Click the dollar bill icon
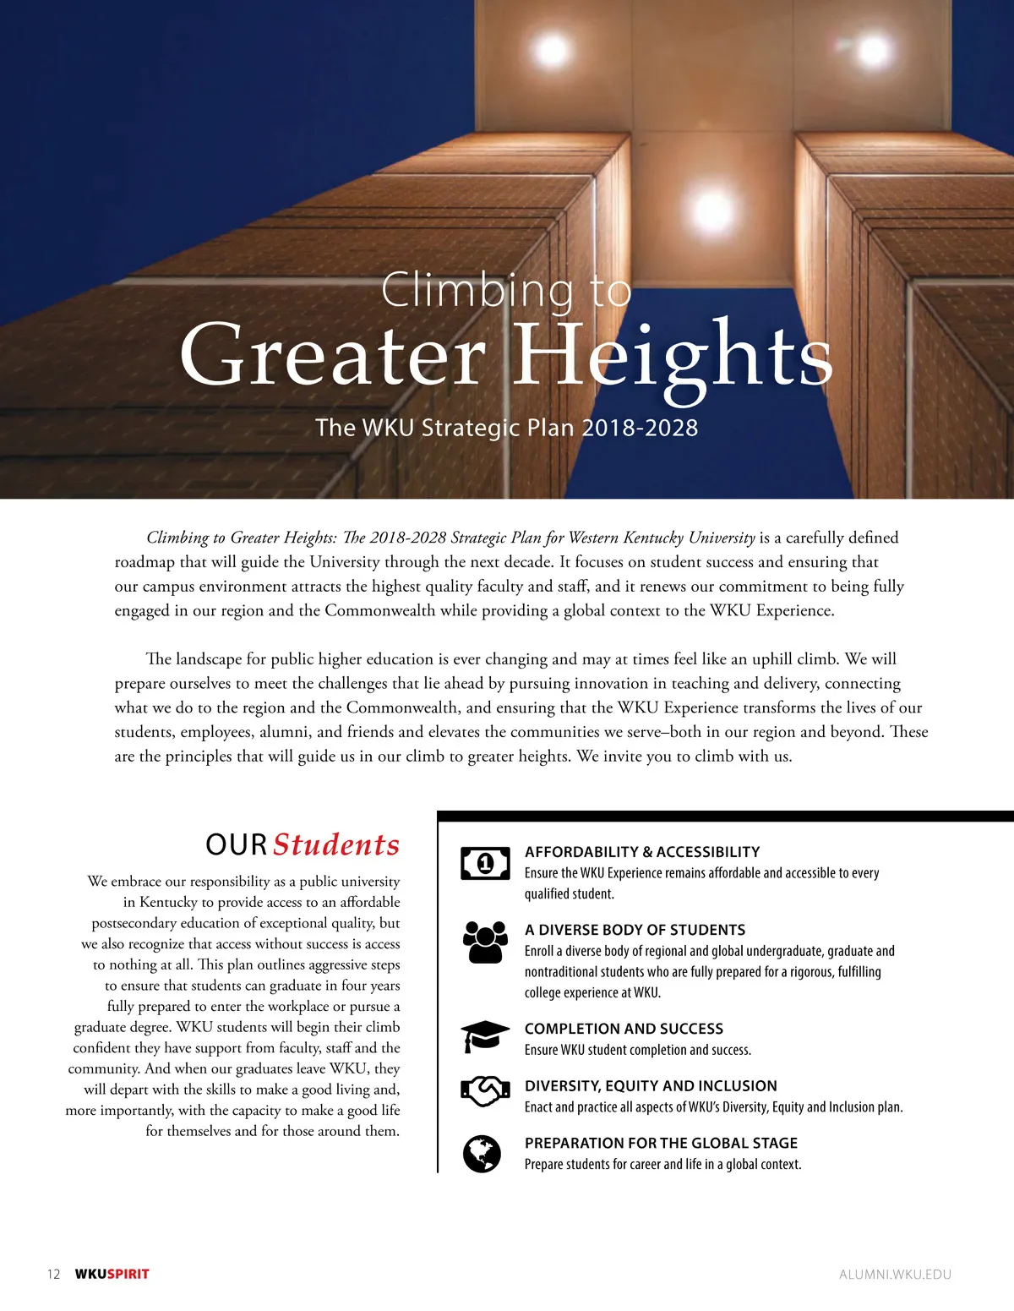[485, 863]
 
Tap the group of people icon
[485, 942]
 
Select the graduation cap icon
[485, 1036]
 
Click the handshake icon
[485, 1091]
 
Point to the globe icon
[482, 1154]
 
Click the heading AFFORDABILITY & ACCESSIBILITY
[642, 852]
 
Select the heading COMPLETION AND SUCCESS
[624, 1029]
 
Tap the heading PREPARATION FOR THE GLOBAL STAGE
[661, 1143]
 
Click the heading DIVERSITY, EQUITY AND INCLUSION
[651, 1086]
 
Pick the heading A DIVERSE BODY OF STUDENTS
[635, 930]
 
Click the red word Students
[336, 844]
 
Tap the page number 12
[54, 1274]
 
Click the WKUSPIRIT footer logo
[112, 1274]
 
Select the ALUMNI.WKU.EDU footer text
[895, 1274]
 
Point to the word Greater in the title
[333, 355]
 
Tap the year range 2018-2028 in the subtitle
[640, 428]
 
